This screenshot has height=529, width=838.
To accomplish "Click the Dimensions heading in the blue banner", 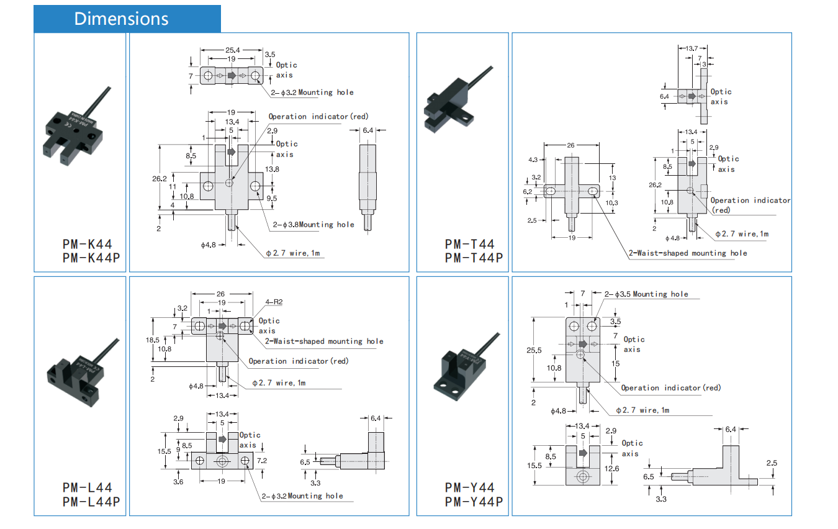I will coord(121,19).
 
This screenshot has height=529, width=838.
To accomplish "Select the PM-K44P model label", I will coord(91,257).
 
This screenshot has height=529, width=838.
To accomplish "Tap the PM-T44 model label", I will coord(469,244).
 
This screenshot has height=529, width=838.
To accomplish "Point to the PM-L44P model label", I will coord(91,501).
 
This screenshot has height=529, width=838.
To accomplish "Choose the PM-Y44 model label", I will coord(469,487).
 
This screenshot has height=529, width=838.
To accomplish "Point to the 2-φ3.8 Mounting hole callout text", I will coord(313,225).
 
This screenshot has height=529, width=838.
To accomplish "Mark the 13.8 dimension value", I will coord(272,169).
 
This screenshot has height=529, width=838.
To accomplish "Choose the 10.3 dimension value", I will coord(613,203).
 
